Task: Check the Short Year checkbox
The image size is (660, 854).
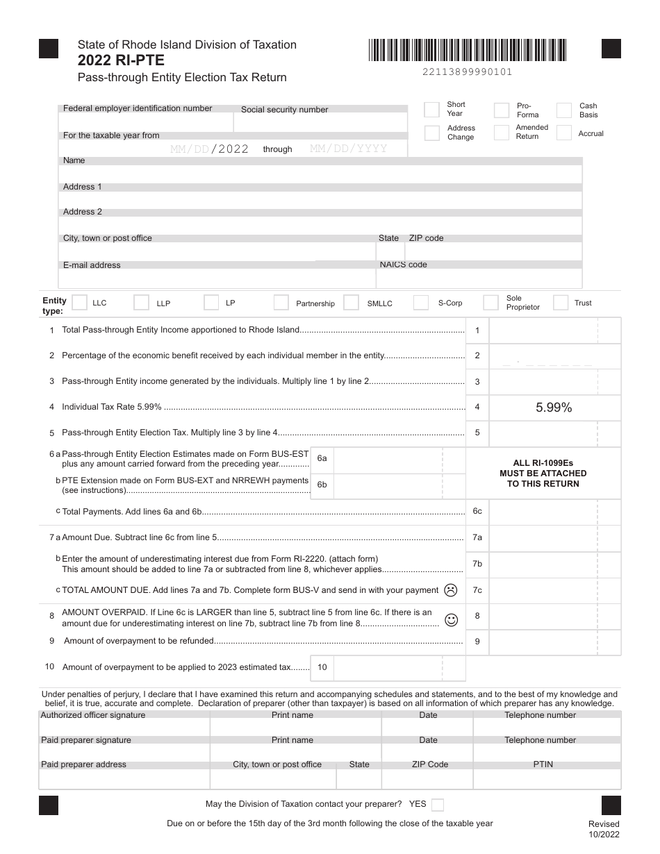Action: [x=431, y=110]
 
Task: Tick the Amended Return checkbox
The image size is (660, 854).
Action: [x=502, y=133]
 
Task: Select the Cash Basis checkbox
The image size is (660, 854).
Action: [x=564, y=110]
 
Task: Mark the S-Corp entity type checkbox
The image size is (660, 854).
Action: [x=421, y=303]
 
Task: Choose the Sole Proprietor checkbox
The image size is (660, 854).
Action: [x=491, y=303]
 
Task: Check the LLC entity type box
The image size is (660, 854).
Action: [x=80, y=303]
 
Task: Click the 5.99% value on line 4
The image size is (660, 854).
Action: [x=554, y=408]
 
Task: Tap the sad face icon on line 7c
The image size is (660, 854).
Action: [x=451, y=590]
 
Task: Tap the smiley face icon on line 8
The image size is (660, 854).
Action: [x=451, y=620]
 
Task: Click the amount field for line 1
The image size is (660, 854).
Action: [x=554, y=330]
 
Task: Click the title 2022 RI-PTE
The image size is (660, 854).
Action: [x=122, y=60]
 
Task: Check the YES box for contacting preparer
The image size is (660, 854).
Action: [x=438, y=805]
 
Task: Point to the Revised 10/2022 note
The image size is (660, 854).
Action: [x=603, y=829]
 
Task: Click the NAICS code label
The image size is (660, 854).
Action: [x=404, y=265]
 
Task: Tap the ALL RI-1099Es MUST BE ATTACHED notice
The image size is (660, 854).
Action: [x=543, y=474]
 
